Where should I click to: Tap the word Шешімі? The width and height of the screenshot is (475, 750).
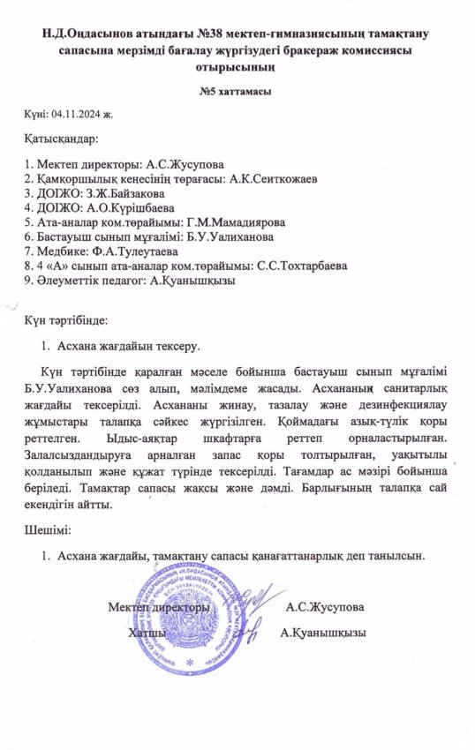click(50, 531)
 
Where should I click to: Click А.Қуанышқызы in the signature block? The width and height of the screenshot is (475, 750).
click(322, 633)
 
